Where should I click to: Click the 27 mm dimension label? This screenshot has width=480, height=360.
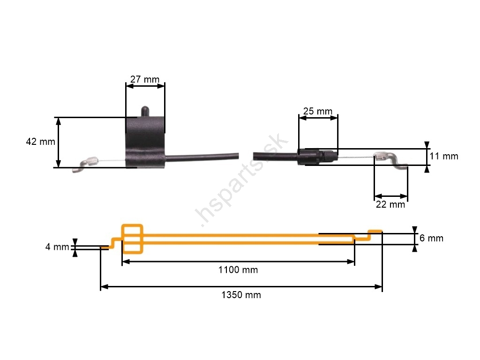point(145,79)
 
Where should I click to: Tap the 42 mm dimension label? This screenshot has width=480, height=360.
point(40,142)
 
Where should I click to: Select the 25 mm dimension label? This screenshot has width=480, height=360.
point(318,111)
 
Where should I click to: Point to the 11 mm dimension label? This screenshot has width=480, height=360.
point(444,156)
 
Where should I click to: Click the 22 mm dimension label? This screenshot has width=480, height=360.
point(390,204)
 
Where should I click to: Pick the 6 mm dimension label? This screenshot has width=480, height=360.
point(431,238)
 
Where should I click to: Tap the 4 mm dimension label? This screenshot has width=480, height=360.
point(57,247)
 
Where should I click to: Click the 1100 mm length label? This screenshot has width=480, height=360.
point(238,270)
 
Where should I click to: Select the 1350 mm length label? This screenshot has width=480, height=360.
point(241,295)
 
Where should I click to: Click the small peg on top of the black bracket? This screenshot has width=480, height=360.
point(145,111)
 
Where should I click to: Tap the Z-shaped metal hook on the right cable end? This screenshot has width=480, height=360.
point(391,161)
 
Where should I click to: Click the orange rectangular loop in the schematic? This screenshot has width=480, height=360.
point(132,239)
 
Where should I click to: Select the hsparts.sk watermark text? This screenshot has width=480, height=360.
point(242,180)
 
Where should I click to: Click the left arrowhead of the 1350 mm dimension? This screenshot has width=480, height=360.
point(105,287)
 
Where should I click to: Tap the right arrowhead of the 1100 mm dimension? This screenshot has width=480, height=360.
point(351,262)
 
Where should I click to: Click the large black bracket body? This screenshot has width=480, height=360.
point(145,142)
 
